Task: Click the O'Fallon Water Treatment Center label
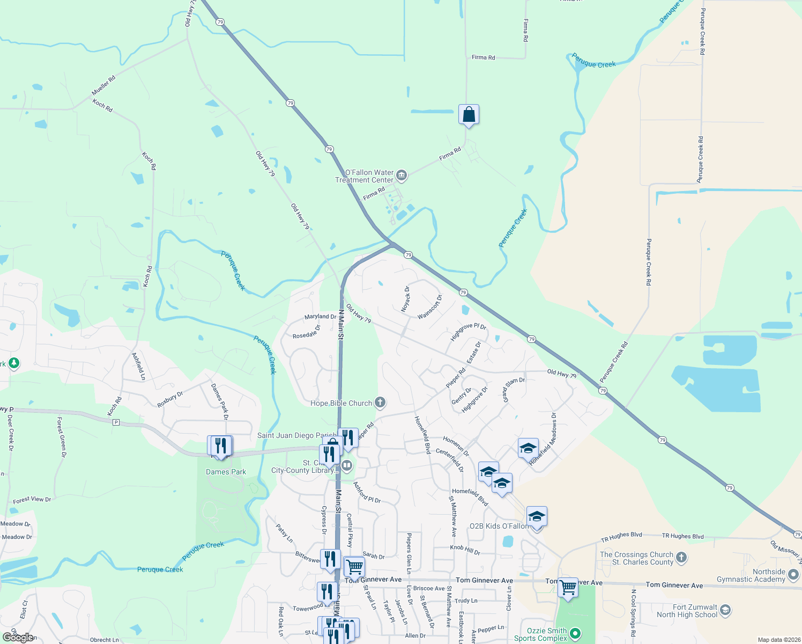click(365, 176)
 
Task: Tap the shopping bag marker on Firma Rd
click(469, 115)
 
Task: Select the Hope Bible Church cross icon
click(380, 402)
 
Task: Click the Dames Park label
click(226, 472)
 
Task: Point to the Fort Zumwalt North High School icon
click(725, 610)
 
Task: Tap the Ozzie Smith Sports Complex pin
click(575, 634)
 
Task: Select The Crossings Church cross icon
click(681, 558)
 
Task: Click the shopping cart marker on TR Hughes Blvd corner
click(568, 587)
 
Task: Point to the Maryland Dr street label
click(321, 317)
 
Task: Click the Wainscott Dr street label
click(430, 307)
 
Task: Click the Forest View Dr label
click(32, 500)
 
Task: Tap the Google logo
click(18, 638)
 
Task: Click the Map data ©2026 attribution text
click(777, 640)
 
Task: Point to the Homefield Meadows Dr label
click(543, 439)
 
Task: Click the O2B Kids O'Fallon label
click(499, 526)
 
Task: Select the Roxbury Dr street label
click(170, 400)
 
